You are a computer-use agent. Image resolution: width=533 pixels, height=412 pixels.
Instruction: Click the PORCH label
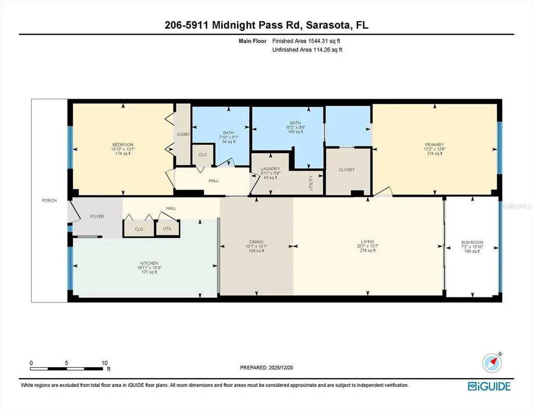point(49,201)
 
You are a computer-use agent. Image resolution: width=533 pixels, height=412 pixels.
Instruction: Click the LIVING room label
point(367,242)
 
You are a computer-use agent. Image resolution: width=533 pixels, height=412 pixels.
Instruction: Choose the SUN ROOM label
point(472,242)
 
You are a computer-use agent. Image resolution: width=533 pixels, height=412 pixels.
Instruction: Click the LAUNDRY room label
point(270,169)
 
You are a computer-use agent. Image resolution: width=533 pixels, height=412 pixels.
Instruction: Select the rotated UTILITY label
point(311,183)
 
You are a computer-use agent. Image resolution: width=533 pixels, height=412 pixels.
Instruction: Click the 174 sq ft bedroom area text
point(123,154)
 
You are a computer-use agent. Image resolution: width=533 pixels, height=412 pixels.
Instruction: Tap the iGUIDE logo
point(489,386)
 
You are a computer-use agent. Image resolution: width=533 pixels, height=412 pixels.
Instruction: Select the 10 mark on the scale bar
point(104,363)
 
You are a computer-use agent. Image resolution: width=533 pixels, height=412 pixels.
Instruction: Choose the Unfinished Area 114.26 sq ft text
point(307,50)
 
